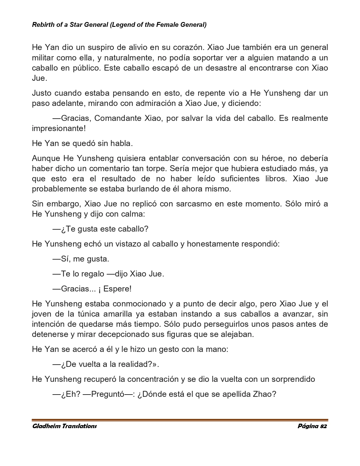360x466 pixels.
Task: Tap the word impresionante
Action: click(x=58, y=128)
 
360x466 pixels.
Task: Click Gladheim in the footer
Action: click(x=46, y=426)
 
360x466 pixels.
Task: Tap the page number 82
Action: click(x=323, y=426)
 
